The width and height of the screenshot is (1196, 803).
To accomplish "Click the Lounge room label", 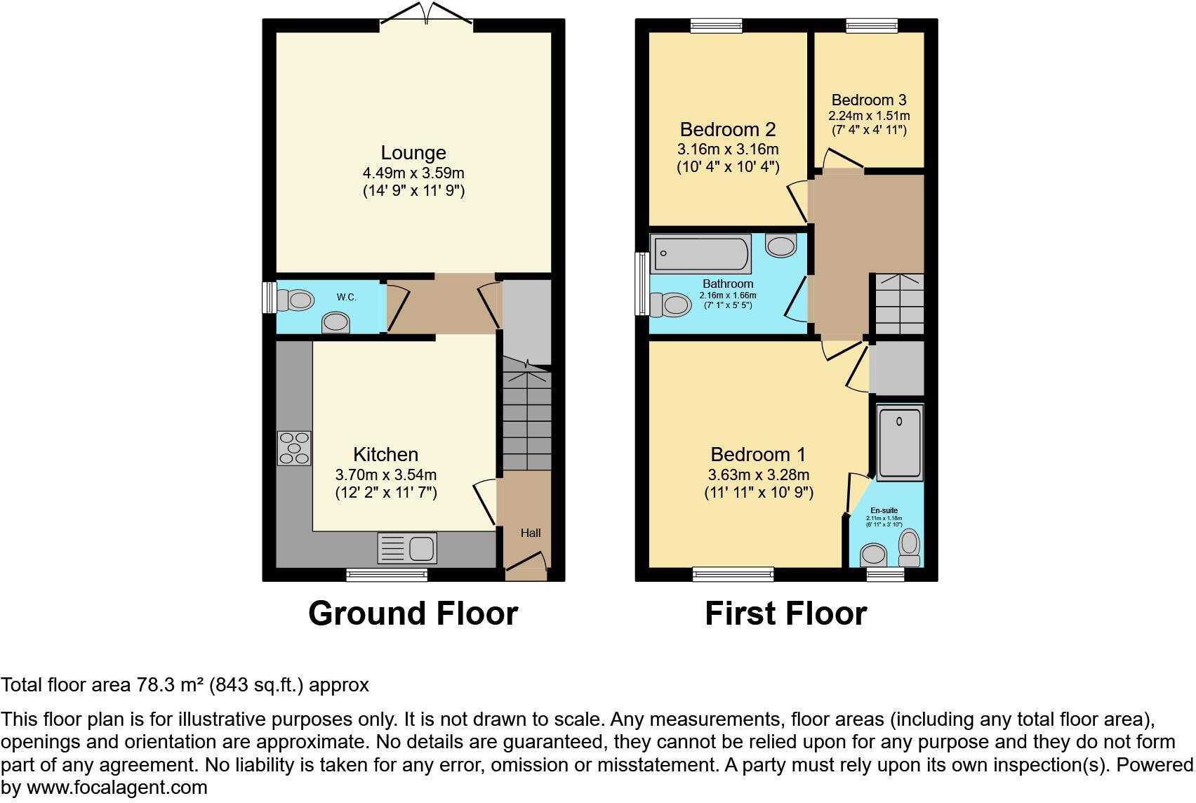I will tap(413, 152).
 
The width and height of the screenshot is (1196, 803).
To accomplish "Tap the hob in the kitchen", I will tap(294, 448).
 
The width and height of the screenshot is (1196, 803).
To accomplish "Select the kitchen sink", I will tap(407, 548).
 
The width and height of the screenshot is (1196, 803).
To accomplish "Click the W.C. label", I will tap(346, 297).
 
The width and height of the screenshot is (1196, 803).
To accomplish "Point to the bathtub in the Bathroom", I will tap(700, 255).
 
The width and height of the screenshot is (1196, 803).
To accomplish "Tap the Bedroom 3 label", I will tap(868, 100).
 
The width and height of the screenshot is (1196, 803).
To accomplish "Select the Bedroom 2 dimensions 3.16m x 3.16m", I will tap(727, 150).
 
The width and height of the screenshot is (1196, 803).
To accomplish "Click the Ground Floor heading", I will tap(413, 613).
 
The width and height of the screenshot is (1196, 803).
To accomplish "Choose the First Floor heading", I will tap(785, 613).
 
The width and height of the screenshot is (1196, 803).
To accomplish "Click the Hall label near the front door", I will tap(531, 533).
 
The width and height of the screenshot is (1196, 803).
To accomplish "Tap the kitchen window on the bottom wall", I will tap(387, 575).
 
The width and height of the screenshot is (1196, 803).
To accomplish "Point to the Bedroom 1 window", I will tap(733, 575).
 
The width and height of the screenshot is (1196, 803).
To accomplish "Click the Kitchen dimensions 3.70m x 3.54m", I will tap(385, 474).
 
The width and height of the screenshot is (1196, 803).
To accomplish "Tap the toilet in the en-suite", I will tap(910, 547).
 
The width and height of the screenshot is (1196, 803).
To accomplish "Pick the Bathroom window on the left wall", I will tap(640, 284).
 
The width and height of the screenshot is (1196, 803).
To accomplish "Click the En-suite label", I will tap(884, 510).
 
